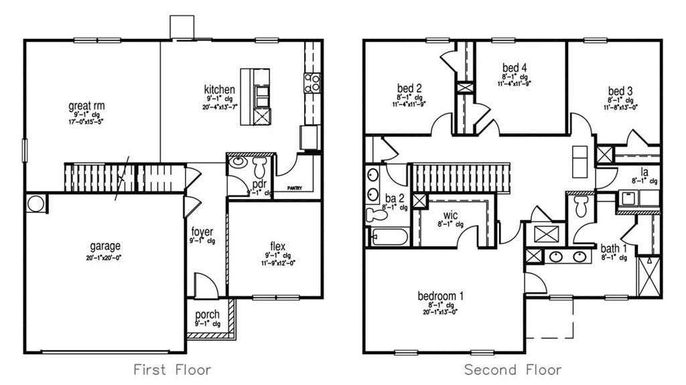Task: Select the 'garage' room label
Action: [x=106, y=246]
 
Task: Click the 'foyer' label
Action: [x=202, y=232]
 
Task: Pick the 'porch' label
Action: [x=207, y=315]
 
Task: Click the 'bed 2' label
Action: [x=409, y=88]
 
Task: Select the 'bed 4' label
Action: [x=514, y=67]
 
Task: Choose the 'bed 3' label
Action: [x=620, y=91]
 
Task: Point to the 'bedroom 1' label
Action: [x=441, y=295]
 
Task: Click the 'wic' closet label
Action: [x=451, y=216]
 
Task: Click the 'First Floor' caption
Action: [x=172, y=369]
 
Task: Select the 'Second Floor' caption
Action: [x=514, y=369]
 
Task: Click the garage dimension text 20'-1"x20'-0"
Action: [x=106, y=257]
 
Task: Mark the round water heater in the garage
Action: [x=35, y=203]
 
